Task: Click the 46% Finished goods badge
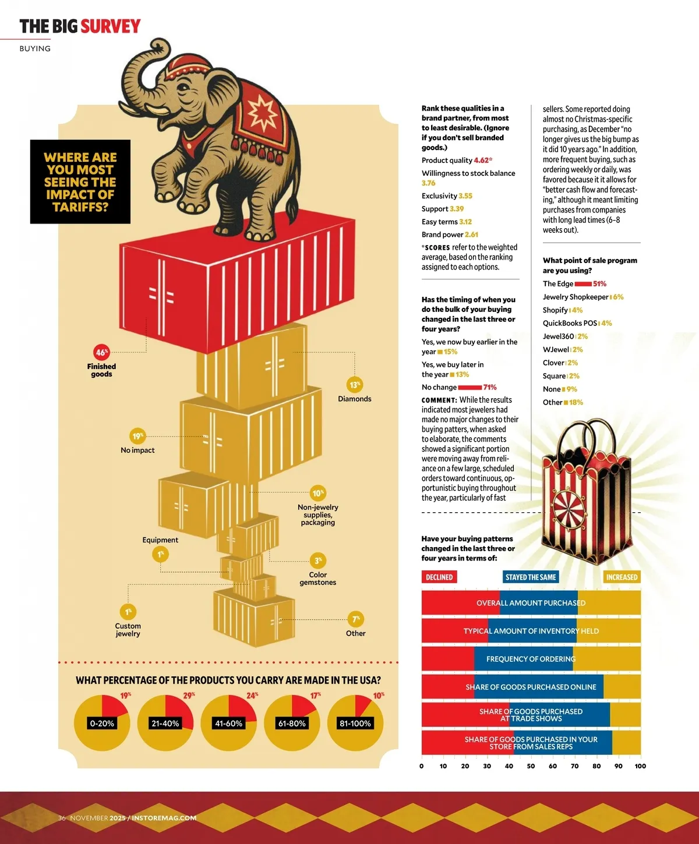click(102, 352)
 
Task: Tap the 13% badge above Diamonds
click(354, 385)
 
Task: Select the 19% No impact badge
click(137, 436)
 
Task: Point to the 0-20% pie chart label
click(102, 724)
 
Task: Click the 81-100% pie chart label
click(355, 724)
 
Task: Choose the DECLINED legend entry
click(439, 577)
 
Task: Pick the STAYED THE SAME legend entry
click(531, 577)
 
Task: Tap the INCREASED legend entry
click(622, 577)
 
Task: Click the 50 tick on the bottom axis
click(531, 766)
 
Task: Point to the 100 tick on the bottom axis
click(640, 766)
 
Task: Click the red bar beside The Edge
click(583, 284)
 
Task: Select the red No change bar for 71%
click(469, 387)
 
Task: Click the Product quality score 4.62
click(482, 160)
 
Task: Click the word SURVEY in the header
click(111, 26)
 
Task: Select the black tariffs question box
click(80, 182)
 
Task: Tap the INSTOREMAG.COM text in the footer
click(164, 818)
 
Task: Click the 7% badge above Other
click(356, 619)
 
